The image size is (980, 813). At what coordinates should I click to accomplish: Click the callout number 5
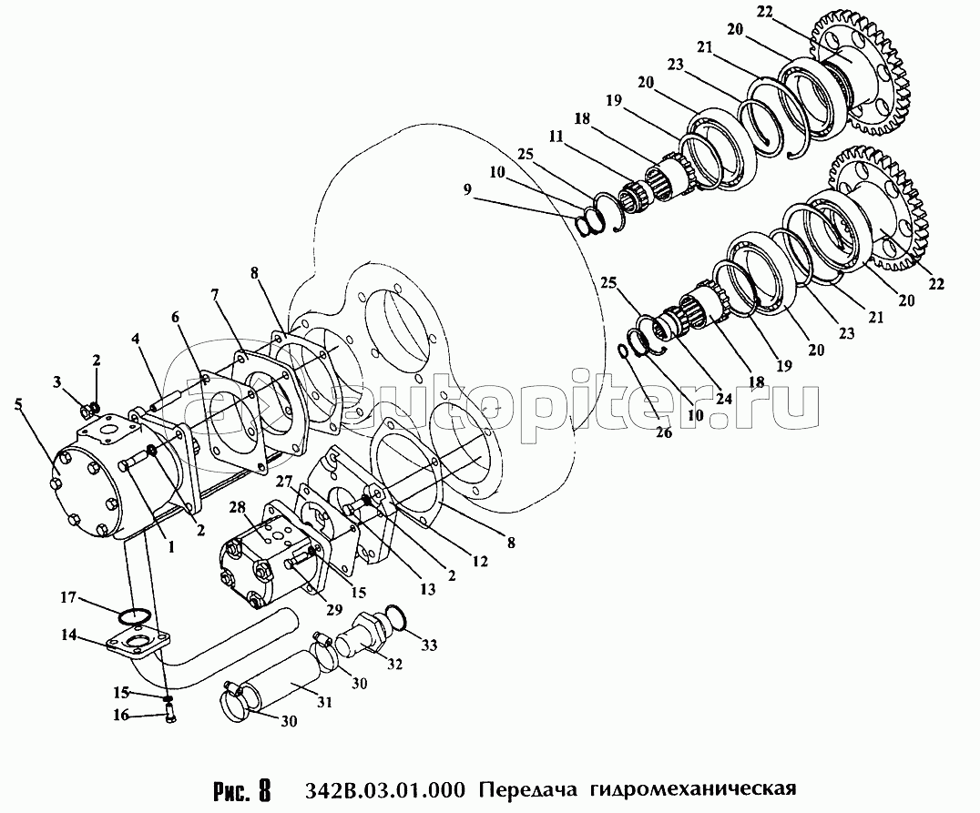click(18, 403)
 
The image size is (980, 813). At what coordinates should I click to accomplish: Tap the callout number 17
click(68, 598)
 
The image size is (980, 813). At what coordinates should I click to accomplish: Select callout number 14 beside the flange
click(68, 635)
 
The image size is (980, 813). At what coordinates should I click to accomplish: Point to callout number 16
click(120, 716)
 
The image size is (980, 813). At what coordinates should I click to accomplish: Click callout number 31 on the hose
click(323, 703)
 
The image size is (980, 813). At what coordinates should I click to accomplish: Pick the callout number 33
click(429, 645)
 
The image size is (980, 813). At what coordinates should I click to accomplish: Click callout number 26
click(663, 432)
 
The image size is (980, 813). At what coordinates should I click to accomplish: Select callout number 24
click(724, 398)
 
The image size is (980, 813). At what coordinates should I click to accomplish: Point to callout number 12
click(479, 562)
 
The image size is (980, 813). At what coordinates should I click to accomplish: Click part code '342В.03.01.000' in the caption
click(385, 790)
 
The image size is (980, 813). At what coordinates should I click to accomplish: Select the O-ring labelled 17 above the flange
click(133, 615)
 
